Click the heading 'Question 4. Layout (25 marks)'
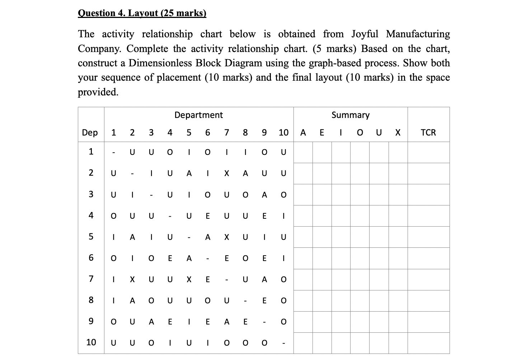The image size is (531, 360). pyautogui.click(x=142, y=13)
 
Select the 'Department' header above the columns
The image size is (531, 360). pyautogui.click(x=198, y=115)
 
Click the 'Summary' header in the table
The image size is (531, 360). pyautogui.click(x=350, y=115)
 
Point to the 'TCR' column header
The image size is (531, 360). pyautogui.click(x=428, y=133)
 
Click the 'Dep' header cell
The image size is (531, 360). pyautogui.click(x=90, y=133)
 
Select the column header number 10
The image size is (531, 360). pyautogui.click(x=283, y=133)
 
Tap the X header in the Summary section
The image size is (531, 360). pyautogui.click(x=398, y=133)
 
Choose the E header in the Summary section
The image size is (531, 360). pyautogui.click(x=322, y=133)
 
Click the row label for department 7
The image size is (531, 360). pyautogui.click(x=91, y=279)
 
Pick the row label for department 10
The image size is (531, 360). pyautogui.click(x=91, y=342)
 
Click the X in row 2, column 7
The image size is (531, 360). pyautogui.click(x=226, y=174)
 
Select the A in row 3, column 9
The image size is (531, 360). pyautogui.click(x=264, y=195)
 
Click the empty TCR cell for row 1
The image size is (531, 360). pyautogui.click(x=428, y=152)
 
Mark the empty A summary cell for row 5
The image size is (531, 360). pyautogui.click(x=303, y=237)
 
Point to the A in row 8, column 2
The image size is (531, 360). pyautogui.click(x=132, y=301)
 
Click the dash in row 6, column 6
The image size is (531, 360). pyautogui.click(x=207, y=259)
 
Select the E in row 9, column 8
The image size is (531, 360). pyautogui.click(x=245, y=322)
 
